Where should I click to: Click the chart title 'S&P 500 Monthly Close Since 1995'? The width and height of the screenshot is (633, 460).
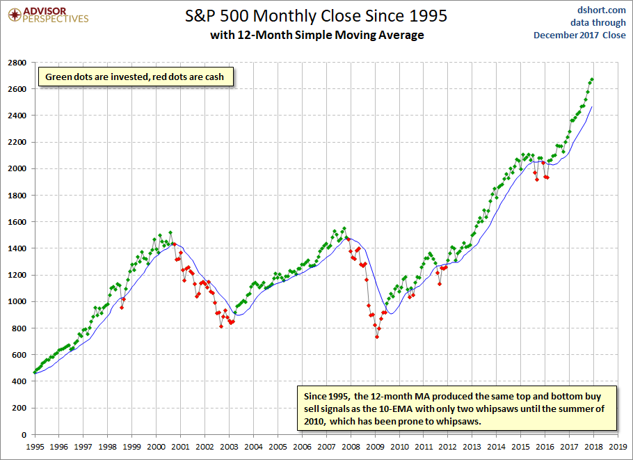coord(316,16)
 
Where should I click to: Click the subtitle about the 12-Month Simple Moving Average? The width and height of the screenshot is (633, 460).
coord(317,35)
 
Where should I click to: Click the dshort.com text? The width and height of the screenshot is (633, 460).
coord(601,10)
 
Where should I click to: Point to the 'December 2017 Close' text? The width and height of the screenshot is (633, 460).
coord(579,35)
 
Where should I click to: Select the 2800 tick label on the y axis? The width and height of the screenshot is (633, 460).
coord(17,63)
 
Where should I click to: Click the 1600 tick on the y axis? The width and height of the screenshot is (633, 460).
coord(17,222)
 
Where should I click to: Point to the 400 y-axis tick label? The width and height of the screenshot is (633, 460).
coord(19,381)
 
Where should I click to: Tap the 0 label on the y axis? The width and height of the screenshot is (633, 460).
coord(24,434)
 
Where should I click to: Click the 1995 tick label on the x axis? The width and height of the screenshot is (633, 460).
coord(35,447)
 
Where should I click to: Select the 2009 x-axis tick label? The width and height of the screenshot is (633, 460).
coord(375,447)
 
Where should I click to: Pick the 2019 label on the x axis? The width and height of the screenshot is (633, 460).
coord(618,447)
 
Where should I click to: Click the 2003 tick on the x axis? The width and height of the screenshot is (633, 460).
coord(230,447)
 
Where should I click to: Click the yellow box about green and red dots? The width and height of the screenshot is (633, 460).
coord(135,77)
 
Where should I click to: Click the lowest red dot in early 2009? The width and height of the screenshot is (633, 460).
coord(377,337)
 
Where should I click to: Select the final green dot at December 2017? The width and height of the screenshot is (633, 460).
coord(592,79)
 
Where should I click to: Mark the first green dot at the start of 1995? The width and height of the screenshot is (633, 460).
coord(35,372)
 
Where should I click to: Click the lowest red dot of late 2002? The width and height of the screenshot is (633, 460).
coord(221,326)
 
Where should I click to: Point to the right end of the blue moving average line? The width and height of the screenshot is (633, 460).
coord(592,106)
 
